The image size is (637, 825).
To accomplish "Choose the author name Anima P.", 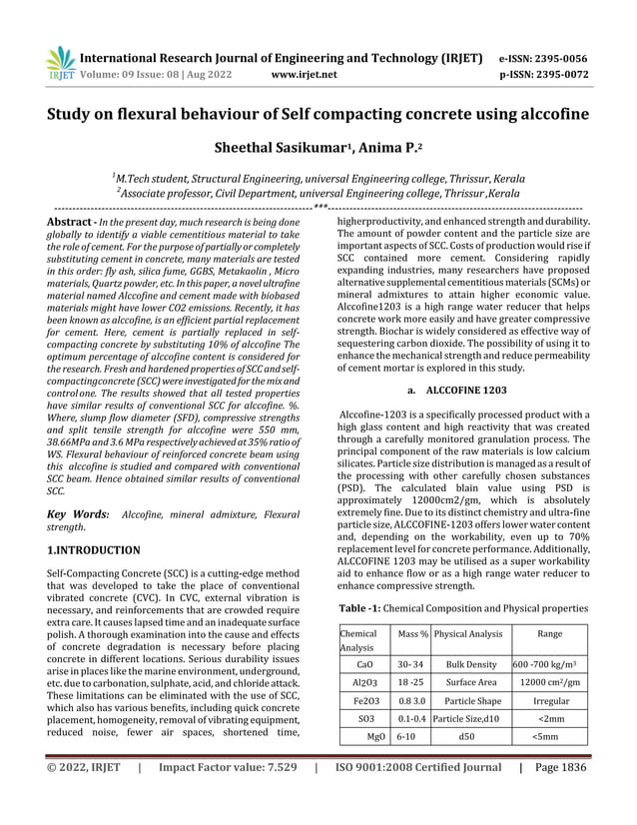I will (396, 147).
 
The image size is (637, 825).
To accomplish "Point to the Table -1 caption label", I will (371, 608).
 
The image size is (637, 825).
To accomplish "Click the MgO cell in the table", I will (378, 737).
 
